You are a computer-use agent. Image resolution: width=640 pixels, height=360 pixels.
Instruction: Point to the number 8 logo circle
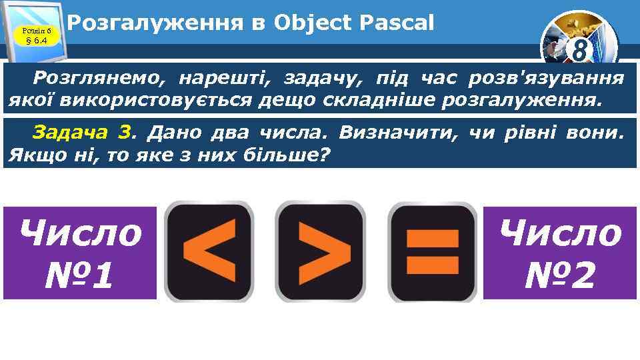pyautogui.click(x=579, y=47)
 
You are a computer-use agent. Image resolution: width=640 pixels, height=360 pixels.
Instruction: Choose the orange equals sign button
pyautogui.click(x=433, y=250)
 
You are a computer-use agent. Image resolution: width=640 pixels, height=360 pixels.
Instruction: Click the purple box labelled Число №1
pyautogui.click(x=80, y=253)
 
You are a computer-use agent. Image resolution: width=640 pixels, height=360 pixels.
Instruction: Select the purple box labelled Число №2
pyautogui.click(x=560, y=253)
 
